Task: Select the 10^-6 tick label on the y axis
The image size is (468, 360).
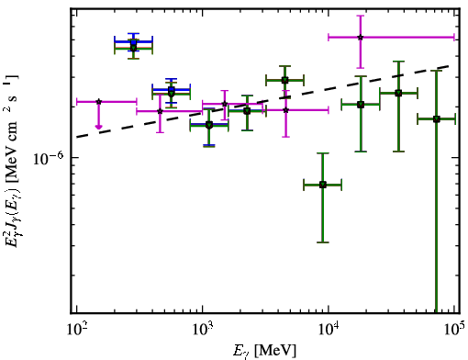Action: [x=48, y=159]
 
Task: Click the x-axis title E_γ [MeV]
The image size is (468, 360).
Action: [x=264, y=351]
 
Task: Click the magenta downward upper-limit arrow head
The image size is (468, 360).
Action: [x=98, y=127]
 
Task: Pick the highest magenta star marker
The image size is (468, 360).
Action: [x=361, y=38]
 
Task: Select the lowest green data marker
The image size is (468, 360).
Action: [x=323, y=185]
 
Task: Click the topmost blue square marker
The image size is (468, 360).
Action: [x=133, y=42]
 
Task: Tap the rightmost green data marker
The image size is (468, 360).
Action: [x=437, y=119]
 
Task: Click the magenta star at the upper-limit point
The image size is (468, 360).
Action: [x=98, y=102]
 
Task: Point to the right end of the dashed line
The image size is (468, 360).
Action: [x=449, y=65]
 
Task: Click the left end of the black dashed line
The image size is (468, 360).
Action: [x=77, y=137]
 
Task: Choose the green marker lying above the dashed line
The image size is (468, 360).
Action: [x=284, y=80]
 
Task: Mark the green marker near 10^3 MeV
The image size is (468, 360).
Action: [x=209, y=125]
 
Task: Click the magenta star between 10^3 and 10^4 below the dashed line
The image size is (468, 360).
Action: [x=285, y=110]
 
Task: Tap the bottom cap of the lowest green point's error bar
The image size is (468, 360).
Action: [x=323, y=242]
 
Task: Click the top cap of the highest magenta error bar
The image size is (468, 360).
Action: [x=361, y=16]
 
